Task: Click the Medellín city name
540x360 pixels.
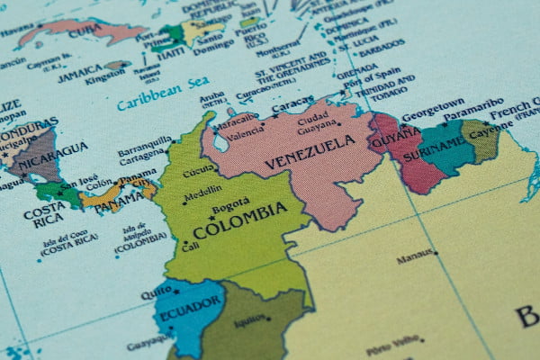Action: (202, 193)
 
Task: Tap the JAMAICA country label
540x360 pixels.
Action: (81, 76)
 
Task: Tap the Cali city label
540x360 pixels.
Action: (190, 245)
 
